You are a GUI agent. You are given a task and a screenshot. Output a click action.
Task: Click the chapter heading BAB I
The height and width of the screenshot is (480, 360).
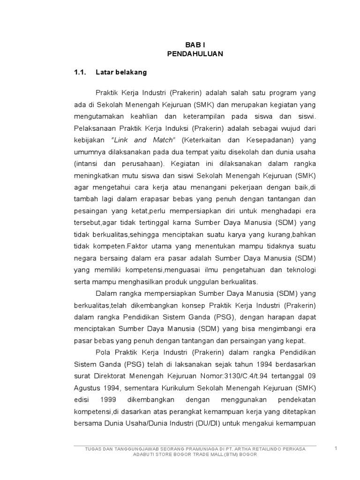(x=195, y=45)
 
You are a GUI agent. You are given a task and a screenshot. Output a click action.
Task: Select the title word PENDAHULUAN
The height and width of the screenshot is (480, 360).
(x=195, y=54)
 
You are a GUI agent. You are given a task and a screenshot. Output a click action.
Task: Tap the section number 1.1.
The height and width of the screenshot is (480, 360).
(x=81, y=73)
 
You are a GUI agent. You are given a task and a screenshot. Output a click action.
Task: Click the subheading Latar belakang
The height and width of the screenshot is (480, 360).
(x=121, y=73)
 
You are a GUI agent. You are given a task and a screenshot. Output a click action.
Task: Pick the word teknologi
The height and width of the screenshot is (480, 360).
(x=299, y=270)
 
